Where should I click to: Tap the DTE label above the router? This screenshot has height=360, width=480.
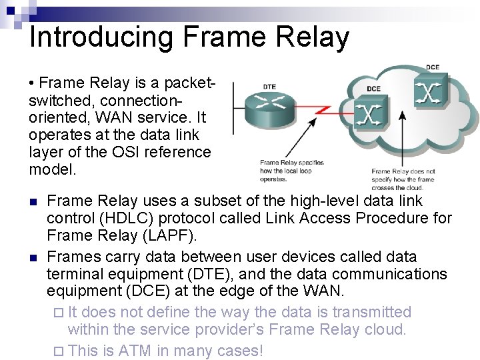click(x=270, y=87)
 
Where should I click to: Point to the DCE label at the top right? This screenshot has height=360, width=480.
click(x=433, y=67)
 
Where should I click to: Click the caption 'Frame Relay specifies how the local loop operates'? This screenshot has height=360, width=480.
click(x=291, y=171)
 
